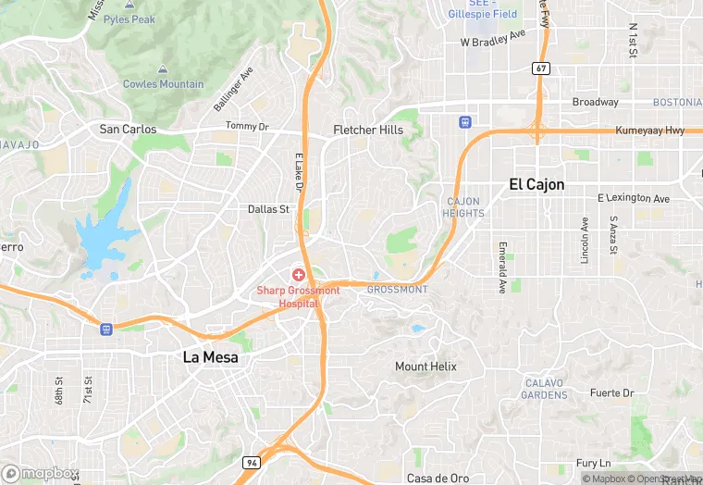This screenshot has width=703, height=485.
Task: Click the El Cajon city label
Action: click(x=536, y=184)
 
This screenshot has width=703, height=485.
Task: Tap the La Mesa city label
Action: click(x=209, y=356)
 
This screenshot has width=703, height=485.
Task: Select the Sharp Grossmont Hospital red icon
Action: click(x=299, y=275)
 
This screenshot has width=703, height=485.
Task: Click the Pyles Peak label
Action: click(x=129, y=19)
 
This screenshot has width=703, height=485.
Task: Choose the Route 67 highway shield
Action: click(x=541, y=68)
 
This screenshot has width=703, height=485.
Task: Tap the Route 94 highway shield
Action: click(x=251, y=462)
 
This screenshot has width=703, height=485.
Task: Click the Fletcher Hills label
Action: click(x=368, y=130)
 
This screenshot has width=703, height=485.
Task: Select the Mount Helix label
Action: click(x=425, y=367)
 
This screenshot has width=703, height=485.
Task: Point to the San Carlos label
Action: click(x=128, y=130)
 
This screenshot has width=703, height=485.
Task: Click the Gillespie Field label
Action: click(x=482, y=14)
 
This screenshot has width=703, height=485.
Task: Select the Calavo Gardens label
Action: click(x=545, y=389)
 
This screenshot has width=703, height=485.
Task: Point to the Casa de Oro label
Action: click(x=438, y=478)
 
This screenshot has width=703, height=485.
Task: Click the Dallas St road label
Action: click(x=268, y=209)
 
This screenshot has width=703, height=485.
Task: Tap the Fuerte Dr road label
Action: click(x=612, y=392)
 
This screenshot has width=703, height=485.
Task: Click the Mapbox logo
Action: click(x=39, y=473)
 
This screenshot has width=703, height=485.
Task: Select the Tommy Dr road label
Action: click(x=247, y=126)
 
